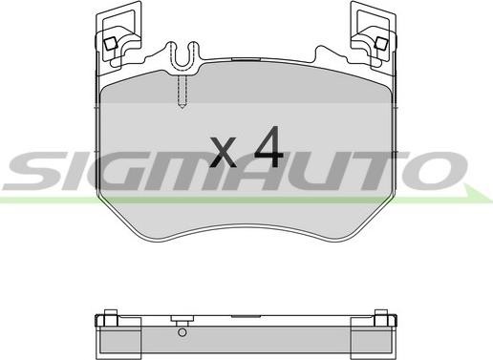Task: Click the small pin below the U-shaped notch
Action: coord(182,92)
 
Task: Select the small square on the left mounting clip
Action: coord(110,42)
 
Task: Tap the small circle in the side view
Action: coord(182,333)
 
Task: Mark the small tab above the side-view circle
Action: coord(178,322)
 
